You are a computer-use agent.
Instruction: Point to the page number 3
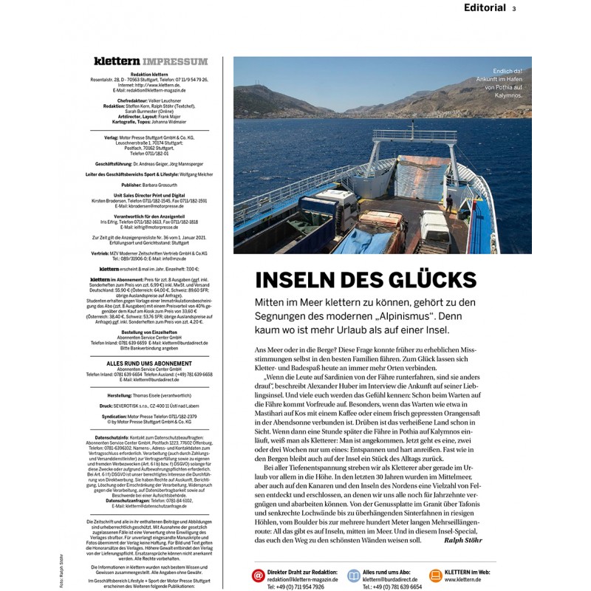point(513,9)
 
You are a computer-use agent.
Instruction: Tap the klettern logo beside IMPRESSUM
point(117,61)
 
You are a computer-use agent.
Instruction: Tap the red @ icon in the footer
point(258,575)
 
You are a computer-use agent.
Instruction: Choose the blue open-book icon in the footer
point(354,575)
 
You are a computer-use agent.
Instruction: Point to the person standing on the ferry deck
point(448,201)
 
